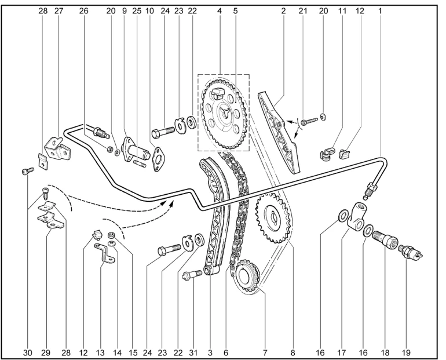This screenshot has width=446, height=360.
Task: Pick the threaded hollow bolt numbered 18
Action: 386,239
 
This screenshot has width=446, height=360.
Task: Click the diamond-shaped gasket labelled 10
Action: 157,158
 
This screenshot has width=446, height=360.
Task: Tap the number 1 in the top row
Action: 381,10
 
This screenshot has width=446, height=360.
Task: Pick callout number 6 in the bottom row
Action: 225,352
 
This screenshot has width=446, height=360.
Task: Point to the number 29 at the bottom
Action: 46,352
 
